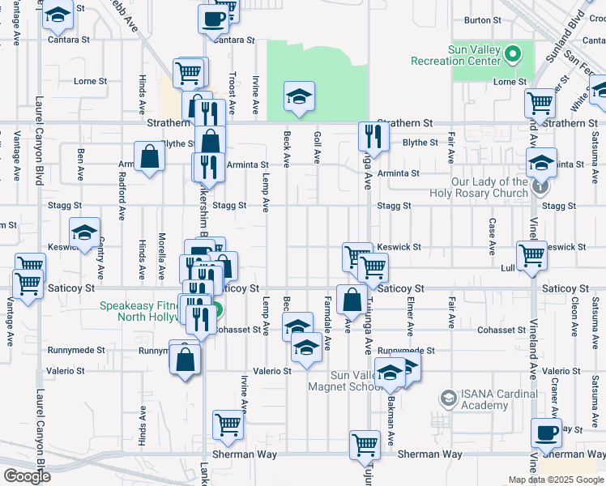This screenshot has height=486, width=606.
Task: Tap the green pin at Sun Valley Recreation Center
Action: tap(512, 55)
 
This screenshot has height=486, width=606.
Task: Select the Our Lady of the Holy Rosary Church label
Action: tap(478, 188)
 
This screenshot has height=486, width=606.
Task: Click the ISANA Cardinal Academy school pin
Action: tap(448, 398)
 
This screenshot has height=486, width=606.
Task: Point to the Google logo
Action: tap(27, 476)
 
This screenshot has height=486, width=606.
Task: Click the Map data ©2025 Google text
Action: tap(555, 480)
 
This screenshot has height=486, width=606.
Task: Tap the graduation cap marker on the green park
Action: tap(298, 96)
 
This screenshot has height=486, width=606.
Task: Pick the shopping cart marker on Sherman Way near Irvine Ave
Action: tap(228, 424)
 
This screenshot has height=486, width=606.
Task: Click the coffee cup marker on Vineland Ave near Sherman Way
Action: tap(546, 433)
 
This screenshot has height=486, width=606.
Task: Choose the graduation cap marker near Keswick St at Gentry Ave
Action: tap(84, 233)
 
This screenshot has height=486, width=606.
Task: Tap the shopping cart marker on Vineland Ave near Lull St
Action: tap(532, 254)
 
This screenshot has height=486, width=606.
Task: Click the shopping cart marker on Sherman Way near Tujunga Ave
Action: tap(365, 444)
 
